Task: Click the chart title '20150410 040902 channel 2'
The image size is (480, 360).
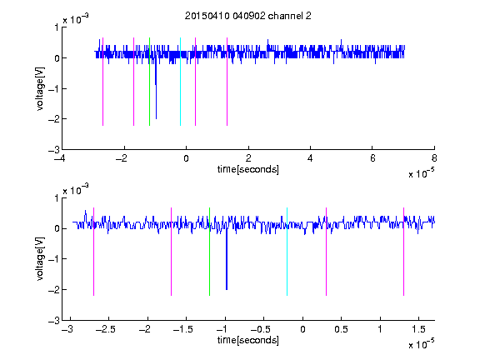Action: pyautogui.click(x=248, y=16)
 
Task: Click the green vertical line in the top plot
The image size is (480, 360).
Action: pyautogui.click(x=149, y=82)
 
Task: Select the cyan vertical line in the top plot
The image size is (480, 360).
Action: pyautogui.click(x=180, y=82)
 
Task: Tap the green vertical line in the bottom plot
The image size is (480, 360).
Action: pyautogui.click(x=210, y=252)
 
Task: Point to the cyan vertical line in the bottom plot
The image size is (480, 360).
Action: pyautogui.click(x=287, y=252)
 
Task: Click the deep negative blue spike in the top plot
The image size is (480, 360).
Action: pyautogui.click(x=156, y=89)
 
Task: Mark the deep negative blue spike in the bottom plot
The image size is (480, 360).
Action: pyautogui.click(x=227, y=260)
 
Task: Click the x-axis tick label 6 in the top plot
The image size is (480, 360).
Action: pyautogui.click(x=372, y=158)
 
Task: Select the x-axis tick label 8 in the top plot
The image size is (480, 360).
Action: pyautogui.click(x=434, y=158)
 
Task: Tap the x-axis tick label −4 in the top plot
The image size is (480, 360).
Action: pyautogui.click(x=59, y=158)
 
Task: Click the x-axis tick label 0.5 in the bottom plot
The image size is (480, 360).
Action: pyautogui.click(x=342, y=329)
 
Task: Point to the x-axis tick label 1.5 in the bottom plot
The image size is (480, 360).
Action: pyautogui.click(x=419, y=329)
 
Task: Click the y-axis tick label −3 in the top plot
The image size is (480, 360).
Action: pyautogui.click(x=54, y=150)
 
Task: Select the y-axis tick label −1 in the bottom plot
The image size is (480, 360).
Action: pyautogui.click(x=54, y=259)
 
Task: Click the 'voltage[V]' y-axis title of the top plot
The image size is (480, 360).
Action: pyautogui.click(x=40, y=89)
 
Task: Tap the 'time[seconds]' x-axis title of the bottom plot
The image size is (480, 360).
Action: pyautogui.click(x=248, y=340)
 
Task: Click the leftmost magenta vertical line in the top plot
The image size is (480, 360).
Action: pyautogui.click(x=102, y=82)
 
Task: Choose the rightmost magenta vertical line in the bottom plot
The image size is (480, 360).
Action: pyautogui.click(x=404, y=252)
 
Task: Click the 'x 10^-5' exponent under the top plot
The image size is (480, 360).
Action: pyautogui.click(x=421, y=173)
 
